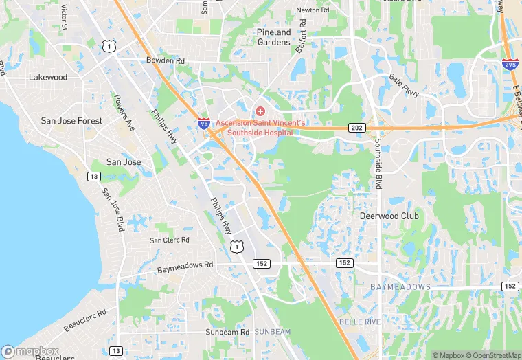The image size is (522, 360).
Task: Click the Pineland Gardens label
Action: [273, 37]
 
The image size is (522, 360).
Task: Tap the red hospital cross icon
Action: [260, 111]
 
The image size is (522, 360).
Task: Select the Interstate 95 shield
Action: [204, 124]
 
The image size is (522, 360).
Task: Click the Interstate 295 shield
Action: [510, 64]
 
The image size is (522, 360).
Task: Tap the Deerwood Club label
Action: [389, 216]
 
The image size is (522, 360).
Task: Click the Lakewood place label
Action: [48, 78]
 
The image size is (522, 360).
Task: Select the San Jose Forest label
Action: [71, 121]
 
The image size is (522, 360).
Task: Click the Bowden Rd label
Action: [166, 61]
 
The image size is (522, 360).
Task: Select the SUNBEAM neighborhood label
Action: [273, 332]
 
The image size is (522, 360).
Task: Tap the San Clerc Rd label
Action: [170, 240]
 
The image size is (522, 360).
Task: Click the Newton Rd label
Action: [313, 10]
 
